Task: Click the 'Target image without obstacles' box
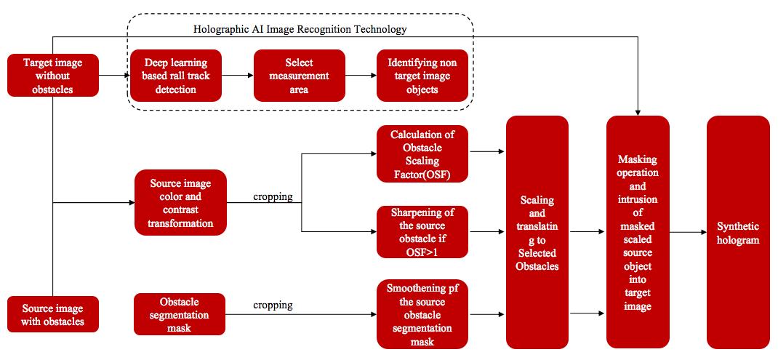point(53,76)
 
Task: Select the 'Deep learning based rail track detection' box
point(175,76)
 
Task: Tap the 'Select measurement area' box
point(299,76)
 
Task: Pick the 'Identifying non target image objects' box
point(422,76)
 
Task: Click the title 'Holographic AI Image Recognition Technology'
point(300,30)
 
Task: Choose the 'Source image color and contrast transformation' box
point(180,203)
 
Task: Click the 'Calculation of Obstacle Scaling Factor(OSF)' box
point(422,154)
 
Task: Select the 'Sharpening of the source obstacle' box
point(422,232)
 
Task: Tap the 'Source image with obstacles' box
point(53,313)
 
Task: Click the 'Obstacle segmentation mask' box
point(180,313)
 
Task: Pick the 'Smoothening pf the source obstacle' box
point(422,315)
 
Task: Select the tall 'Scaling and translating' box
point(537,232)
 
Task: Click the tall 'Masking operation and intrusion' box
point(637,232)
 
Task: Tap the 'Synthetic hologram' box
point(737,232)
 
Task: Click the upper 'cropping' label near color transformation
point(273,197)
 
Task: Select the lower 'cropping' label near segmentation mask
point(273,305)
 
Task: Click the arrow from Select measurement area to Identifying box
point(361,76)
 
